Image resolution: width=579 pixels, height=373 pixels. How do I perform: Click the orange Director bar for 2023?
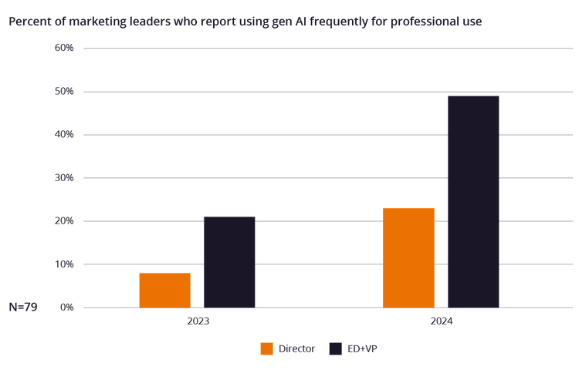click(164, 290)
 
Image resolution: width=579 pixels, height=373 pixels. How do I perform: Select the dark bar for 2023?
click(229, 262)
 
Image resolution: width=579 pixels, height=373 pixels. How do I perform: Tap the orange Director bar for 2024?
click(408, 257)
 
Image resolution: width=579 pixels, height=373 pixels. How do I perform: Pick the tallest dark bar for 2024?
click(473, 201)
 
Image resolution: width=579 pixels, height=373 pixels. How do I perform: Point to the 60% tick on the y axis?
click(64, 49)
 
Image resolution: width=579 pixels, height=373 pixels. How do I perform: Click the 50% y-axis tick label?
click(64, 92)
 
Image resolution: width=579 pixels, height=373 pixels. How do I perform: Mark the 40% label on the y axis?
click(64, 135)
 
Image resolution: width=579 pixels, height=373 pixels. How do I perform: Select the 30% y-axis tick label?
click(64, 178)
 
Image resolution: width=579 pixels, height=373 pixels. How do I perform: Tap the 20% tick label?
click(64, 221)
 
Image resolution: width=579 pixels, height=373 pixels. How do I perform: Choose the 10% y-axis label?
click(64, 264)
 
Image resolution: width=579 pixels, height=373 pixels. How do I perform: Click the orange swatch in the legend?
click(266, 349)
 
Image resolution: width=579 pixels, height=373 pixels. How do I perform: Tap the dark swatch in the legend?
click(335, 349)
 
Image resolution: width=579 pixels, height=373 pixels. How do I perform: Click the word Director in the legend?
click(296, 349)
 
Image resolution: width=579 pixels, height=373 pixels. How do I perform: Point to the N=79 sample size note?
click(22, 307)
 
